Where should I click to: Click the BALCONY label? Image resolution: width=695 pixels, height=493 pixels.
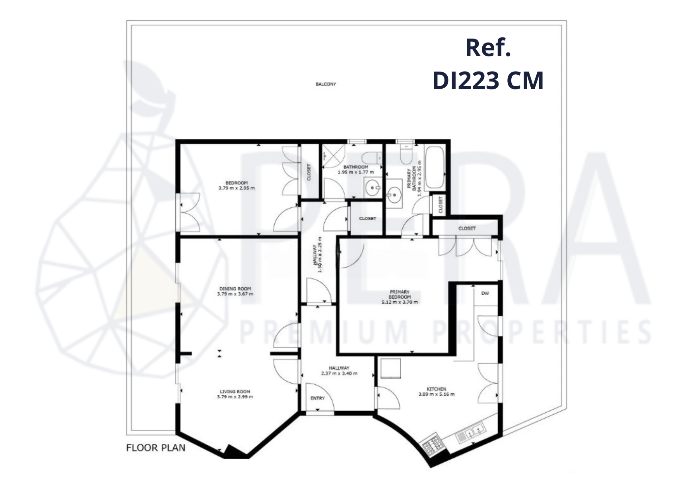click(326, 84)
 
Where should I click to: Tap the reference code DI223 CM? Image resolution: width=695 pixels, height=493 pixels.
click(488, 81)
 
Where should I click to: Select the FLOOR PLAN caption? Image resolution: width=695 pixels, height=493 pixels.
click(156, 448)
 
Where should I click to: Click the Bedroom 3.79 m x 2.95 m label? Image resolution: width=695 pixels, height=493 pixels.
click(237, 186)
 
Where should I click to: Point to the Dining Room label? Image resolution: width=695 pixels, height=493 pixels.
click(235, 291)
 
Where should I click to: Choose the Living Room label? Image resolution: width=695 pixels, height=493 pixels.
click(235, 394)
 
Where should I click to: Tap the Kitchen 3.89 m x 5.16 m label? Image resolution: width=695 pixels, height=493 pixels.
click(436, 392)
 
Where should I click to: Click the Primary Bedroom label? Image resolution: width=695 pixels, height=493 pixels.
click(400, 297)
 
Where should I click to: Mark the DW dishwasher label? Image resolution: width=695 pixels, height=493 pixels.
click(485, 293)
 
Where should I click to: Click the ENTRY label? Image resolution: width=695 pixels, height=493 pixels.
click(317, 398)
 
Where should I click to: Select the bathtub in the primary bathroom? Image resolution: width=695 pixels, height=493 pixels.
click(435, 167)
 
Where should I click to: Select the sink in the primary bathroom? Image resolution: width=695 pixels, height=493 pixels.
click(394, 194)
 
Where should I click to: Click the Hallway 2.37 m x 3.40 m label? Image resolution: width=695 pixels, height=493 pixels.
click(339, 371)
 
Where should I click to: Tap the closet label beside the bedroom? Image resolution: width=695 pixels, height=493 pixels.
click(309, 173)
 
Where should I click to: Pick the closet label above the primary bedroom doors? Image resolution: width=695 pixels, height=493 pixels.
click(467, 229)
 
